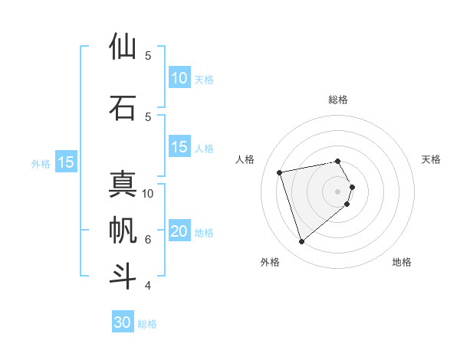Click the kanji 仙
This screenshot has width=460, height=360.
(x=123, y=47)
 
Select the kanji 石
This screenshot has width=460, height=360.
(x=123, y=107)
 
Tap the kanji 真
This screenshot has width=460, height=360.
(x=123, y=185)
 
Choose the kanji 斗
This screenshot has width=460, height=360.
(x=123, y=276)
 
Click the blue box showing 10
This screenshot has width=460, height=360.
(x=179, y=78)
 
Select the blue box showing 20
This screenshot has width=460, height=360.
(x=179, y=232)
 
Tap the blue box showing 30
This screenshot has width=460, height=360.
(x=123, y=322)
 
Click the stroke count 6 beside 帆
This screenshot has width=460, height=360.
(x=148, y=240)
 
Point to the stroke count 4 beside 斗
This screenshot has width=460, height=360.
(x=148, y=286)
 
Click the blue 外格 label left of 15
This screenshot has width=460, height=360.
(x=41, y=163)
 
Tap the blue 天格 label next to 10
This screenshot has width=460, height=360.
(x=204, y=80)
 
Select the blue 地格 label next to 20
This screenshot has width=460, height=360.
(x=204, y=234)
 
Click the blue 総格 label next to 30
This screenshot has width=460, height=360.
(x=147, y=324)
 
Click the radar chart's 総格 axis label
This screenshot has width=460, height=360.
(x=338, y=100)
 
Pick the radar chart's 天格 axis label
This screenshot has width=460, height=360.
(x=431, y=159)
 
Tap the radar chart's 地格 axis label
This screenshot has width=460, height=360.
(x=402, y=262)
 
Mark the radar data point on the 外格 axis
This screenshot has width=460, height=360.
(x=301, y=242)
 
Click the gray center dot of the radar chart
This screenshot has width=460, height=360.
(x=338, y=191)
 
